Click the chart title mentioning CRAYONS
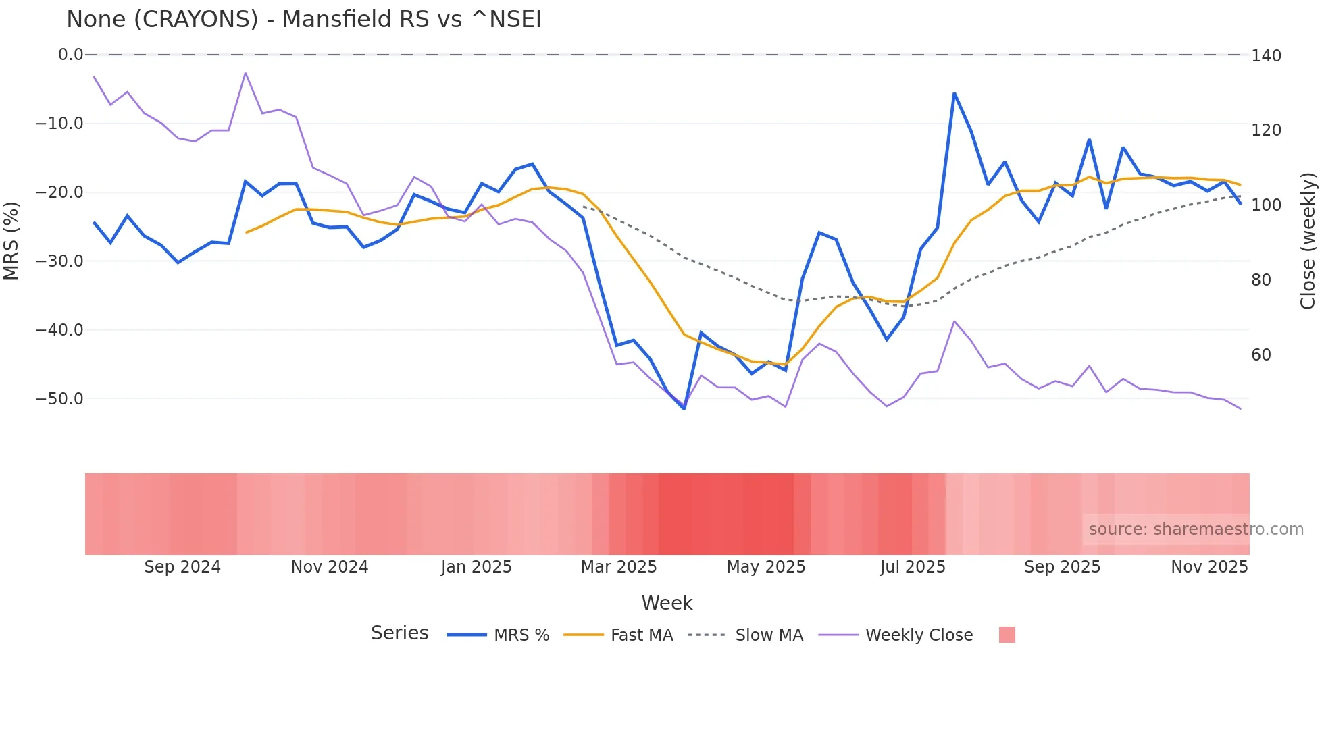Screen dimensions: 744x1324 pyautogui.click(x=303, y=20)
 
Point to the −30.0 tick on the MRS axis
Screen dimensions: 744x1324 pyautogui.click(x=59, y=261)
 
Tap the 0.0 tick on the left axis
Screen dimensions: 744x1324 pyautogui.click(x=70, y=55)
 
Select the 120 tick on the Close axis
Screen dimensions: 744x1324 pyautogui.click(x=1266, y=130)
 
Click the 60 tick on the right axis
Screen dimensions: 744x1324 pyautogui.click(x=1261, y=355)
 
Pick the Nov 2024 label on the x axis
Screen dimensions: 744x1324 pyautogui.click(x=329, y=567)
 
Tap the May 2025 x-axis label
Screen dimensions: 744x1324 pyautogui.click(x=765, y=567)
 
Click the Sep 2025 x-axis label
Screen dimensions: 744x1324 pyautogui.click(x=1062, y=567)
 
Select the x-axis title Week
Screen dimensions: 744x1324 pyautogui.click(x=667, y=603)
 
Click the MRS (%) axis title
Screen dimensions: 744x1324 pyautogui.click(x=11, y=240)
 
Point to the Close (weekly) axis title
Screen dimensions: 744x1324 pyautogui.click(x=1308, y=240)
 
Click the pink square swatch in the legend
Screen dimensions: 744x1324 pyautogui.click(x=1007, y=635)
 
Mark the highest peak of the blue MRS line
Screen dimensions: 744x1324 pyautogui.click(x=954, y=94)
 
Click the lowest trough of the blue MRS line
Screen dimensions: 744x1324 pyautogui.click(x=684, y=408)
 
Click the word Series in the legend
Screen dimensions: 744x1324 pyautogui.click(x=399, y=633)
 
